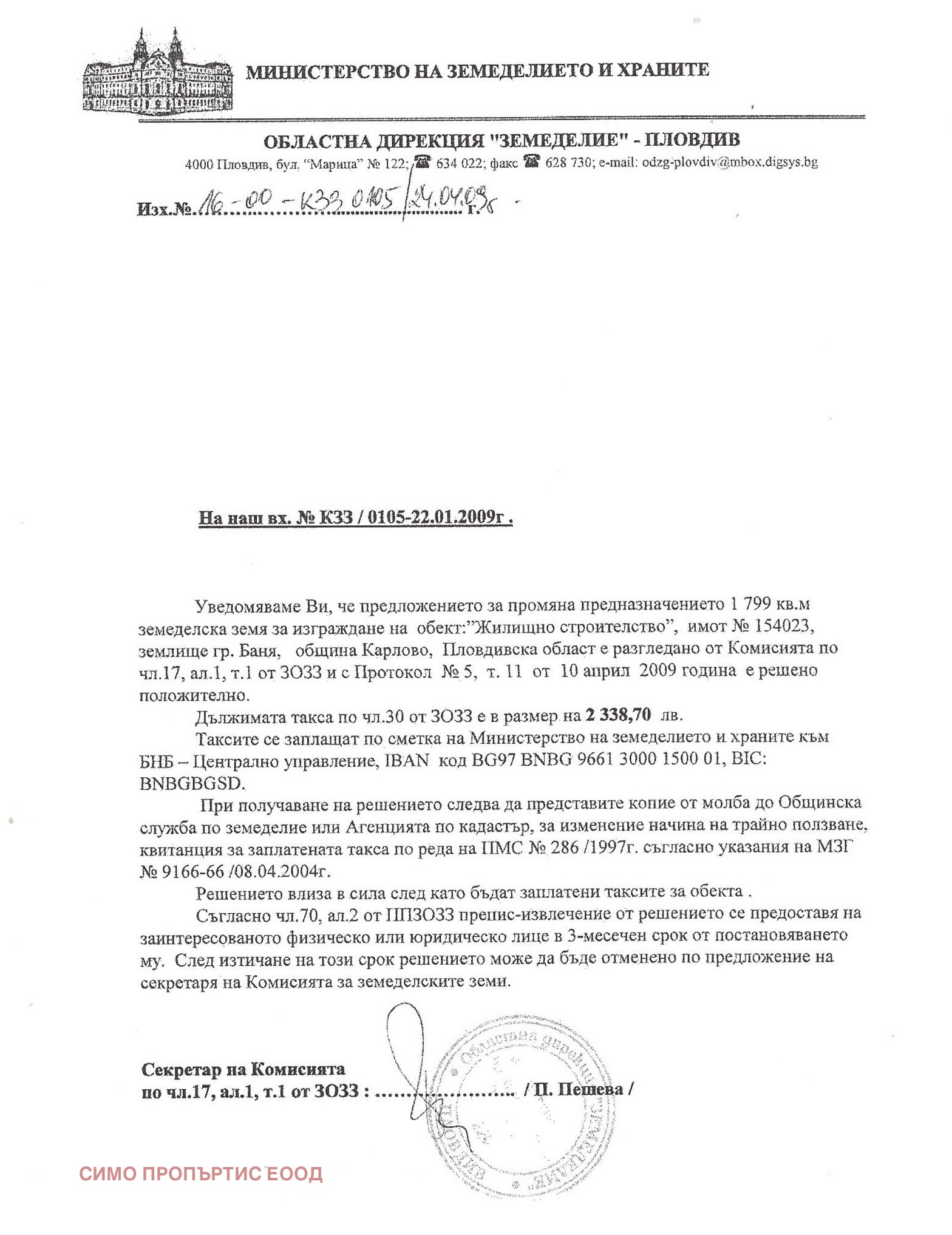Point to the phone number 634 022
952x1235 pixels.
[459, 162]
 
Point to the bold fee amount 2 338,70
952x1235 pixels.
[618, 715]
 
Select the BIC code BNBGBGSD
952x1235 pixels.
[192, 783]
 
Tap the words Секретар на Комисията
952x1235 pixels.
[243, 1069]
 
